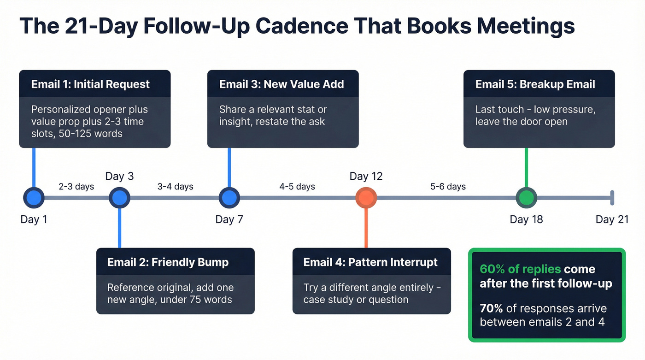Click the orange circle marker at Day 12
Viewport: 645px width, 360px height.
pos(366,198)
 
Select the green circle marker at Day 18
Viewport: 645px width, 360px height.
pos(526,198)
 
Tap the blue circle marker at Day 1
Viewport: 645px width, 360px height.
pos(34,198)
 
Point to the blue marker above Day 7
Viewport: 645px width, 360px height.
pos(229,198)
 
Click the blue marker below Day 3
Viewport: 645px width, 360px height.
pos(119,198)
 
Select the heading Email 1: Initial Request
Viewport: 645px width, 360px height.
pos(90,84)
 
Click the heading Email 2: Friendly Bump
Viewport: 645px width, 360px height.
pos(168,262)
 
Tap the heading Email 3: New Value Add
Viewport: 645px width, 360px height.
pos(281,84)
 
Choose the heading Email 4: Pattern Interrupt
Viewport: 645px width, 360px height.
pos(370,262)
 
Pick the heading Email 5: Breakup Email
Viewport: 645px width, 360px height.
pos(535,84)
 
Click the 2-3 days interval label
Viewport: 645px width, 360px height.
pos(76,187)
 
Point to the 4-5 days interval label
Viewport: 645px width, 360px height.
pos(297,187)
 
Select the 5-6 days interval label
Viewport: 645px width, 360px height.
pos(448,187)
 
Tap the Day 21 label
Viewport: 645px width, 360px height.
pos(612,219)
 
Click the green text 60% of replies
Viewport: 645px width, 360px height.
pos(520,270)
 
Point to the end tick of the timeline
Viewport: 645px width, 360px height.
pos(612,198)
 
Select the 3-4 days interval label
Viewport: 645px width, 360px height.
pos(176,187)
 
